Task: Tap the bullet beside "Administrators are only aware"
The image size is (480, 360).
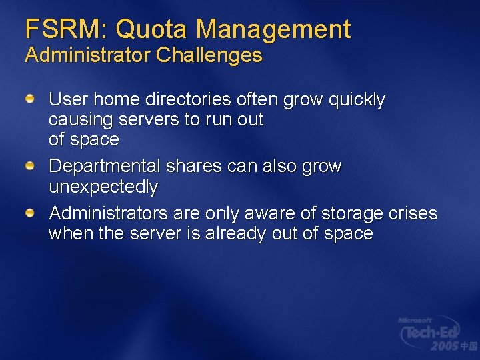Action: pyautogui.click(x=31, y=213)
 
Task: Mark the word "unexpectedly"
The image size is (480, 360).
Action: pyautogui.click(x=103, y=187)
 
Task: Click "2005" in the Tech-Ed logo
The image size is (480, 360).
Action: pyautogui.click(x=443, y=346)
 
